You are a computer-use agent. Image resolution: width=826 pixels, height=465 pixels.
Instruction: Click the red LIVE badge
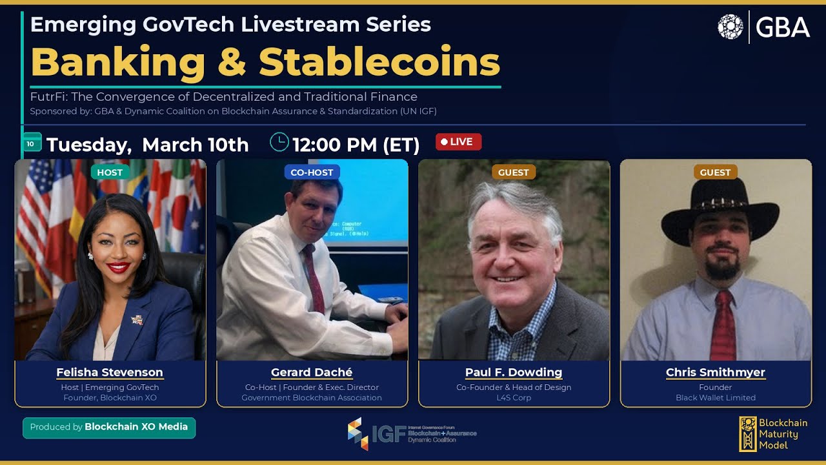tap(458, 141)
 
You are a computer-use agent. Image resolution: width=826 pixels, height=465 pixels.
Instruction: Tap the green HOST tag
tap(110, 172)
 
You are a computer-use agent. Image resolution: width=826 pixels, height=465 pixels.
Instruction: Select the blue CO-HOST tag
tap(312, 172)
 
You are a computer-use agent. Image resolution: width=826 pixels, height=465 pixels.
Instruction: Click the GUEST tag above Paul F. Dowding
tap(514, 172)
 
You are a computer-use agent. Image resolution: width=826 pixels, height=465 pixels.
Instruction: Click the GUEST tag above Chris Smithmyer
tap(715, 172)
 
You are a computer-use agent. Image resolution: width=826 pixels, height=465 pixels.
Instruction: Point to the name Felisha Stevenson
tap(110, 373)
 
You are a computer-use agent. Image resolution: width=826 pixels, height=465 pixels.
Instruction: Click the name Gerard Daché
tap(312, 373)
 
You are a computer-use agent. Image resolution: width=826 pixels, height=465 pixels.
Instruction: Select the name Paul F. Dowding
tap(514, 373)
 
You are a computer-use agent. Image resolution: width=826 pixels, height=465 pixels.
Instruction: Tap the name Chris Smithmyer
tap(715, 373)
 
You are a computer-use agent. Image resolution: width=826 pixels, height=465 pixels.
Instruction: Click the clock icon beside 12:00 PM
tap(279, 142)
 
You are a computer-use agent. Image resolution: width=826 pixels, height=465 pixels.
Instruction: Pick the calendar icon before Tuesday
tap(31, 143)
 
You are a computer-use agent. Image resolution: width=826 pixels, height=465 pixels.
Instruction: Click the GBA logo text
tap(782, 28)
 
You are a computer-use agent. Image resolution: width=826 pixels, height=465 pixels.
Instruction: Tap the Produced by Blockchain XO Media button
tap(109, 427)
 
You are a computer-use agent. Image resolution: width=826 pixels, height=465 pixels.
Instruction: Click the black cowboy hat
tap(720, 210)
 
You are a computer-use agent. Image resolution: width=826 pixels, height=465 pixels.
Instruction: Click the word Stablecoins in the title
tap(379, 63)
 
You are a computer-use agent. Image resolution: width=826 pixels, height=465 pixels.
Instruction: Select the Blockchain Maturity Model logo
tap(773, 433)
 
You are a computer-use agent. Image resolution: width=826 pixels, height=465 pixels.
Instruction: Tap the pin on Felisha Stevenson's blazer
tap(137, 318)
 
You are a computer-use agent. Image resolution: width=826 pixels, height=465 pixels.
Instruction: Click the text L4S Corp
tap(514, 398)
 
